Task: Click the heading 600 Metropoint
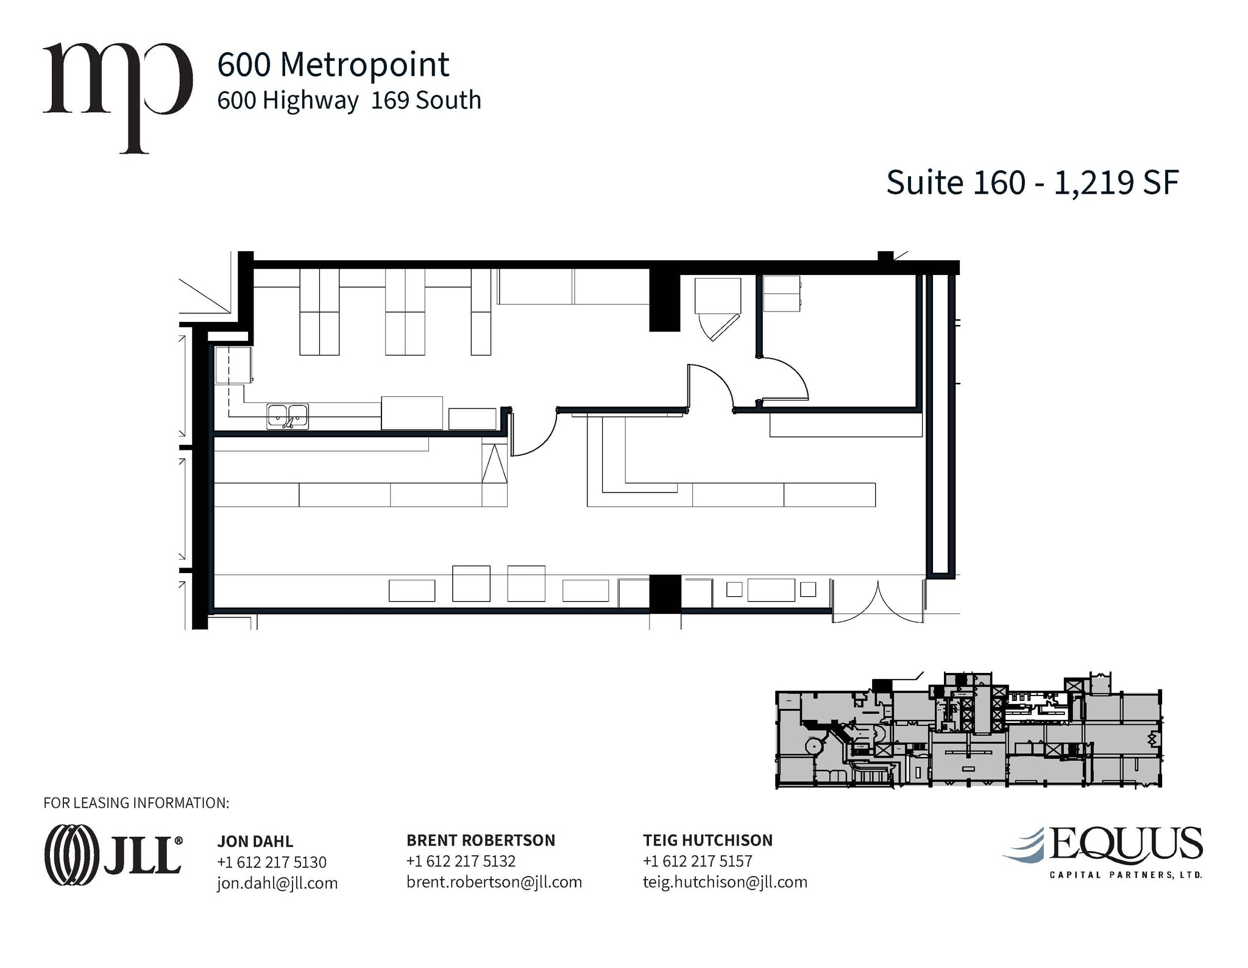[x=333, y=65]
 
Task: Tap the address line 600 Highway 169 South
[x=349, y=101]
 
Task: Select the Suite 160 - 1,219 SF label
[x=1032, y=182]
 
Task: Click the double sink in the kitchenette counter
[x=288, y=416]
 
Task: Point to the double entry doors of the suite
[x=877, y=602]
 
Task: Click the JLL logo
[x=113, y=854]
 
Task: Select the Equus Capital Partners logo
[x=1103, y=852]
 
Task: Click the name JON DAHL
[x=255, y=841]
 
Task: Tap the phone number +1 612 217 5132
[x=461, y=861]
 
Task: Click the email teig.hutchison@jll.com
[x=725, y=881]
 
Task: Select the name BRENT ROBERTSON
[x=480, y=840]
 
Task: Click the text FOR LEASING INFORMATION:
[x=136, y=803]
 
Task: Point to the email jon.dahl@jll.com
[x=277, y=883]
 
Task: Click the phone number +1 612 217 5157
[x=697, y=861]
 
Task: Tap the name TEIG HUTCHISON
[x=707, y=840]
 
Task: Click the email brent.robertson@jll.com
[x=494, y=881]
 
